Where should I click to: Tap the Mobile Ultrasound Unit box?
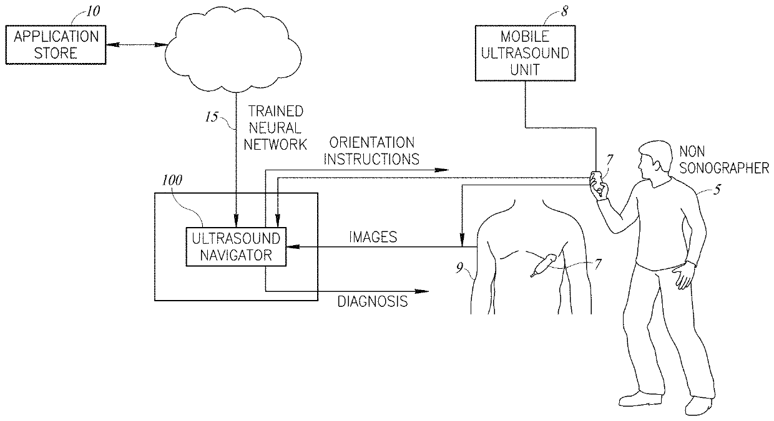tap(522, 53)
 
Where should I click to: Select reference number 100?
tap(172, 181)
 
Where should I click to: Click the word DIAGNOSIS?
tap(372, 302)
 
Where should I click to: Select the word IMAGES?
tap(373, 237)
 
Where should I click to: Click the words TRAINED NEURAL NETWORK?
tap(276, 128)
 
